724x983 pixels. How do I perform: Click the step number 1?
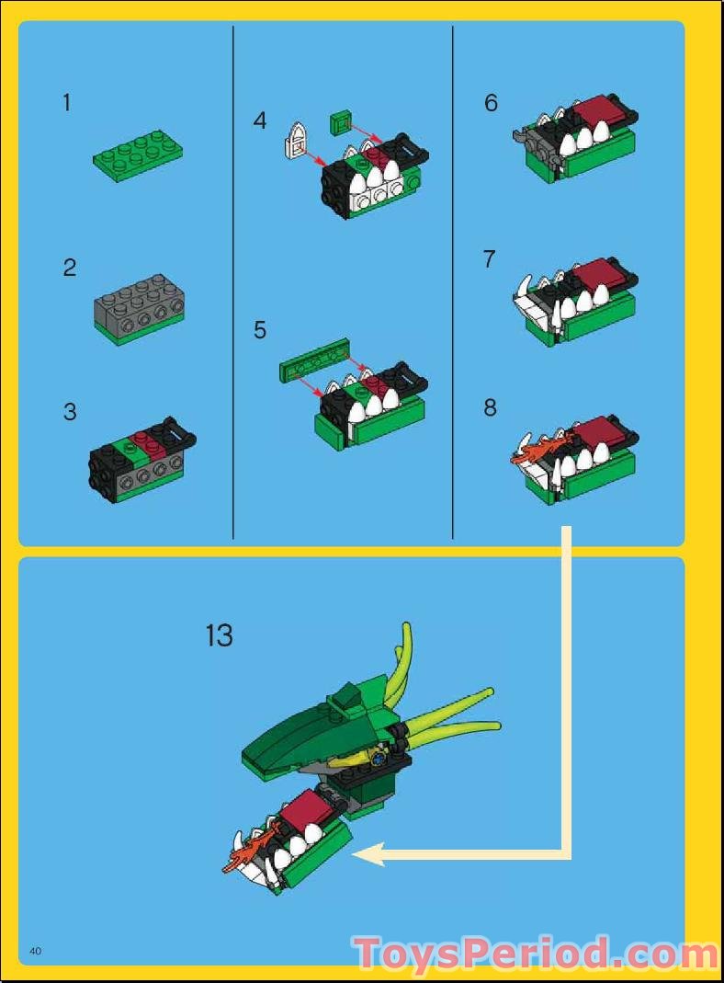pyautogui.click(x=66, y=103)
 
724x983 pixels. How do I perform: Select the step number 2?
pyautogui.click(x=70, y=269)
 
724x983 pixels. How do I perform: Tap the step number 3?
pyautogui.click(x=70, y=412)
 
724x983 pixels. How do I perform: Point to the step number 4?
pyautogui.click(x=260, y=120)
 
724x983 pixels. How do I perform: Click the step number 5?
pyautogui.click(x=260, y=329)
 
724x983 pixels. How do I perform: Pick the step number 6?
pyautogui.click(x=491, y=103)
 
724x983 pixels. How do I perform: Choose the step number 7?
pyautogui.click(x=490, y=260)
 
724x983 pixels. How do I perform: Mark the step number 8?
pyautogui.click(x=491, y=407)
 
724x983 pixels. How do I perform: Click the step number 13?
pyautogui.click(x=220, y=635)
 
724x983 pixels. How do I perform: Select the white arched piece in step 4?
pyautogui.click(x=293, y=140)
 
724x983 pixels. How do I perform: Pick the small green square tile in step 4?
pyautogui.click(x=340, y=120)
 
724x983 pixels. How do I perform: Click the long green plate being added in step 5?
pyautogui.click(x=315, y=360)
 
